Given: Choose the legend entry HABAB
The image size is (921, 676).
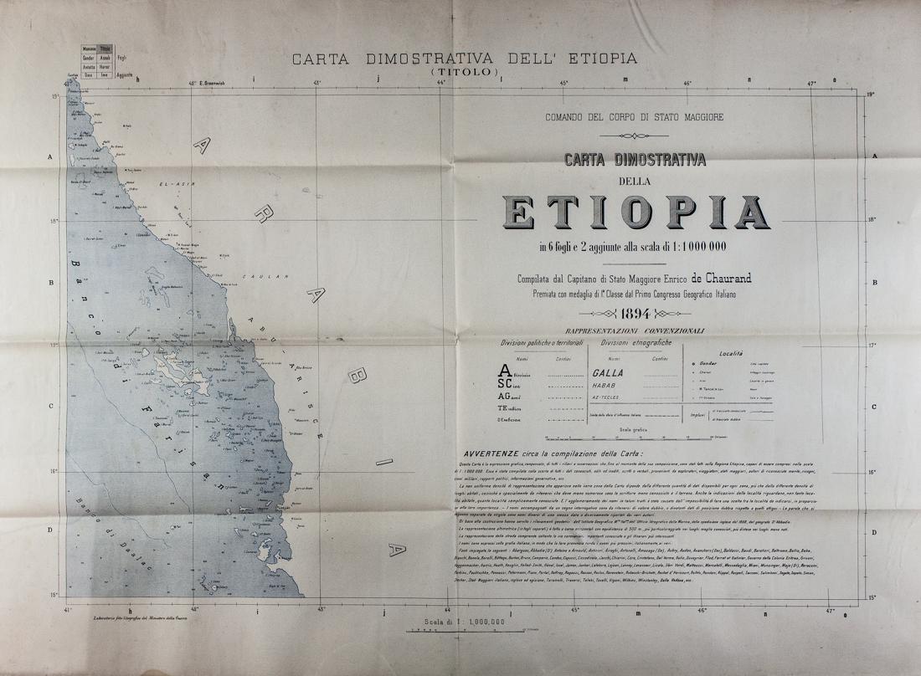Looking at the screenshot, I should coord(605,387).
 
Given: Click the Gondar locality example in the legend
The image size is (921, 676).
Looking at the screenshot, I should coord(708,365).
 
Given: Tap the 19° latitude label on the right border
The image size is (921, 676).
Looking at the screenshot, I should coord(871,95).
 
